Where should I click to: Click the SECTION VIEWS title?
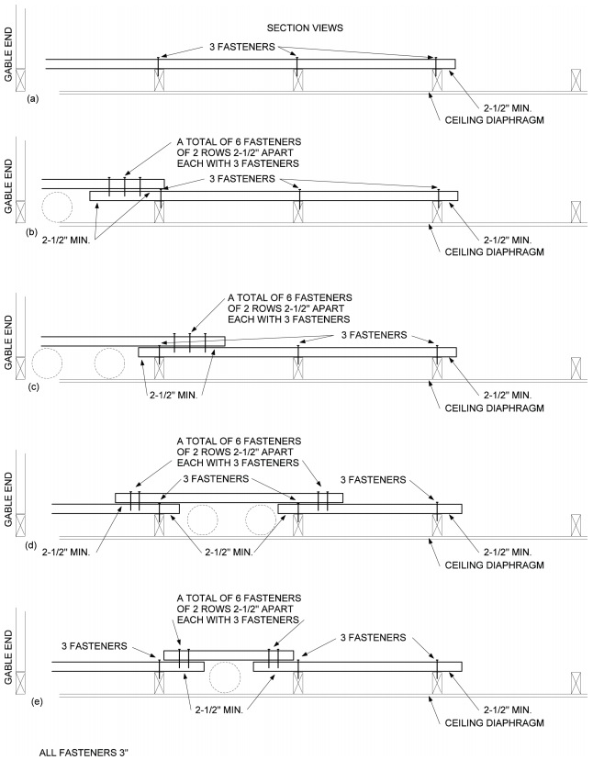[304, 28]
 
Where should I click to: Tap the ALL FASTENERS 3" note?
[84, 751]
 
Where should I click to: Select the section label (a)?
[33, 97]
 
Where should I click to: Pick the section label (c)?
[33, 386]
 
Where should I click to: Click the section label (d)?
[33, 544]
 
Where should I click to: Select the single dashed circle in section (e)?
[225, 677]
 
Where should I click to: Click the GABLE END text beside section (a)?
[10, 63]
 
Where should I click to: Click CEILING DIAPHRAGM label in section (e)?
[489, 723]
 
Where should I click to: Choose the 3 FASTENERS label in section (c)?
[379, 336]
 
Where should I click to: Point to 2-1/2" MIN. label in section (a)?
[500, 106]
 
